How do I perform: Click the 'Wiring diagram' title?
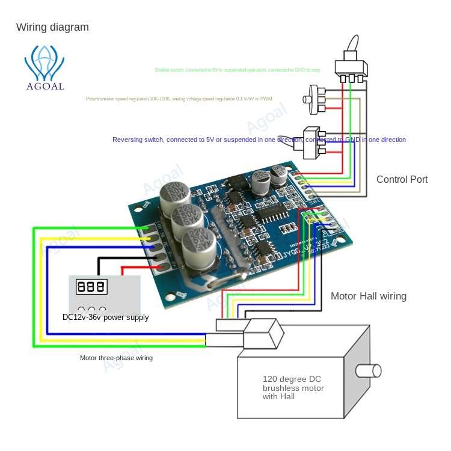coord(52,27)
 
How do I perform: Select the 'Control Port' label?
coord(402,179)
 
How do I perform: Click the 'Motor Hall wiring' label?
coord(368,296)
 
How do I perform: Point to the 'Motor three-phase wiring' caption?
coord(116,358)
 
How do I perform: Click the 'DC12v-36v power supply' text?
coord(105,317)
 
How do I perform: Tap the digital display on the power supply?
coord(91,286)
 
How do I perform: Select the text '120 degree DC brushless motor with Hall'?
coord(293,388)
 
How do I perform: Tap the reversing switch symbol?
coord(312,143)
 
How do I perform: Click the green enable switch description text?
coord(238,70)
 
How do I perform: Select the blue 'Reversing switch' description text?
coord(259,140)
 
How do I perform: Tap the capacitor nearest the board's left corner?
coord(175,193)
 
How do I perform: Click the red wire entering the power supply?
coord(130,268)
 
